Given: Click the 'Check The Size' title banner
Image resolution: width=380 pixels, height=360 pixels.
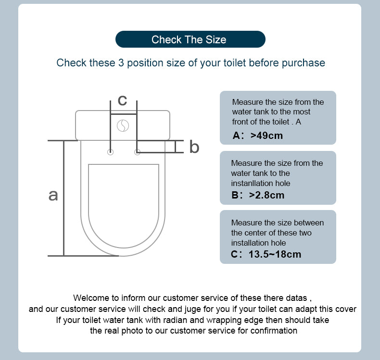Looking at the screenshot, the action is point(190,39).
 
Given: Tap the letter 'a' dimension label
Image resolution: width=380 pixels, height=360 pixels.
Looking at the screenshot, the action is point(53,195).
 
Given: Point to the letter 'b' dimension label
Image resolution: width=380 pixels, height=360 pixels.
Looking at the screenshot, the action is point(194,147).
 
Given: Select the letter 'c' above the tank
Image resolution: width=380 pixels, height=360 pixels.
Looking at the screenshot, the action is point(122,100).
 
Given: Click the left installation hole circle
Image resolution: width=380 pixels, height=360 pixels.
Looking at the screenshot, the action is point(110,152).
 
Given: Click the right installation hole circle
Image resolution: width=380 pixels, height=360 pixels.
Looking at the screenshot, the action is point(137,152).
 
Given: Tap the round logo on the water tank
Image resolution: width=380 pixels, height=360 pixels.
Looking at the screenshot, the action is point(123,125).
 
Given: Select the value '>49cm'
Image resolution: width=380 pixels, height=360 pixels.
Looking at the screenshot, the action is point(266,136).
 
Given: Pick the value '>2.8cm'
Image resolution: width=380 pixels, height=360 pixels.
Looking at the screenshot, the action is point(266,195).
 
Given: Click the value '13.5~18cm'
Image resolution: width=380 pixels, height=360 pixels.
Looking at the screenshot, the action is point(275,254).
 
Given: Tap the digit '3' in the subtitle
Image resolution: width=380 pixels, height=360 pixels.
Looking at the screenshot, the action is point(121,63).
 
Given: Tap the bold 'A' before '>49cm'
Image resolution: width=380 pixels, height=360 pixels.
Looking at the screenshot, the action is point(236,136).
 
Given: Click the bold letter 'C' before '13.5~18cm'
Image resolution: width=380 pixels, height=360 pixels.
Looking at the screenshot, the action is point(234,254).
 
